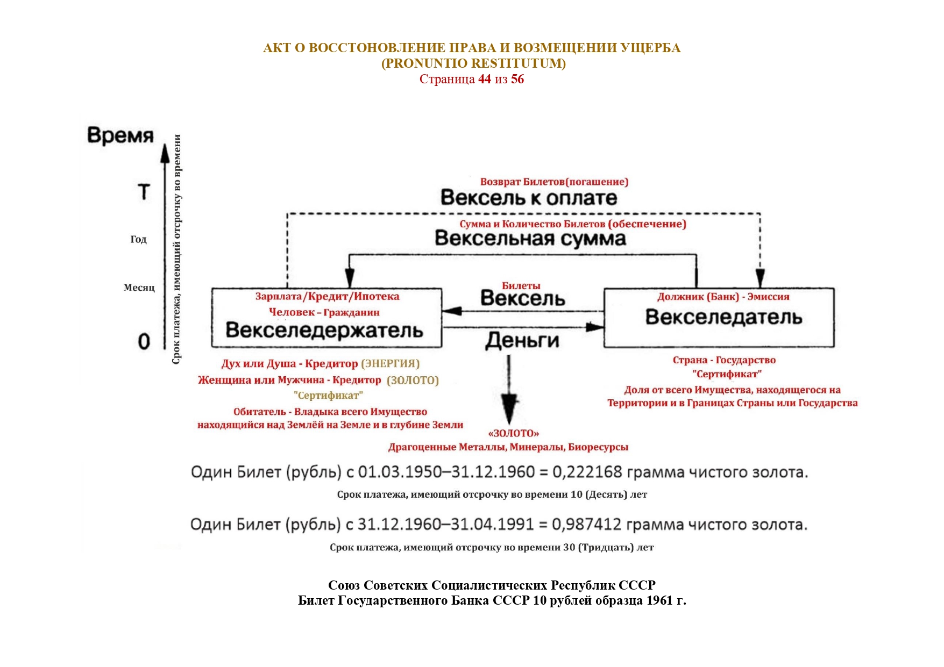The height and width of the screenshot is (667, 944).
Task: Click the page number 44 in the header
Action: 484,80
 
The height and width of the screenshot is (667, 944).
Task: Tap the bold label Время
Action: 120,135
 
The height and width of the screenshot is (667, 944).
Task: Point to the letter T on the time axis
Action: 144,192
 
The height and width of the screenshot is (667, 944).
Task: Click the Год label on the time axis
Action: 138,239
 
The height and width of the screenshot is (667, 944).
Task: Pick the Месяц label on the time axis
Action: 139,288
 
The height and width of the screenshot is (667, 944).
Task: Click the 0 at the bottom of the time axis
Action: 144,341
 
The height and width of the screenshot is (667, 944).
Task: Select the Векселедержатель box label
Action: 324,330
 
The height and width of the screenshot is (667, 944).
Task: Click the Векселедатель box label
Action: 723,317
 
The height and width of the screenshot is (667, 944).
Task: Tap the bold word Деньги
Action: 522,340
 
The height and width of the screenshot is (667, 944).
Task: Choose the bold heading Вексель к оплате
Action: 529,198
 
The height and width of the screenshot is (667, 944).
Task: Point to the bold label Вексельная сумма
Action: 530,238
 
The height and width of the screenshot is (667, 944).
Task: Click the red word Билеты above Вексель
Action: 521,286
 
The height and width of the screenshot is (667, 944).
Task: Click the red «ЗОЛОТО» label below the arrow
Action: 513,433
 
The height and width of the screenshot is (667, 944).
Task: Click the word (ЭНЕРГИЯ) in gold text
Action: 390,364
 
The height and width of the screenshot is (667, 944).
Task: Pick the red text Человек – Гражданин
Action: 324,312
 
